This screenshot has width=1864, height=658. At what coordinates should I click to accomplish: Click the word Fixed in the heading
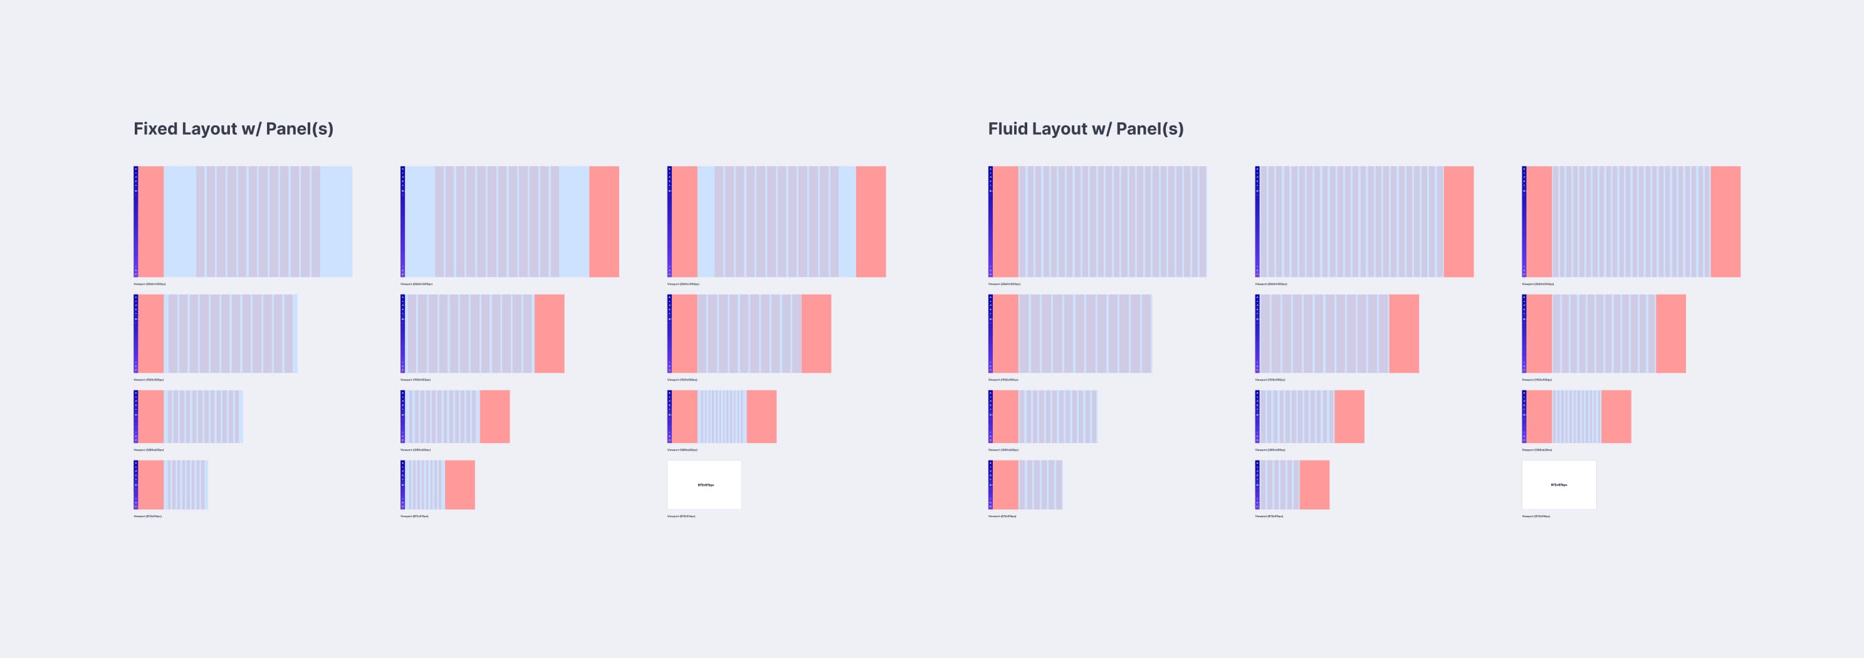(155, 129)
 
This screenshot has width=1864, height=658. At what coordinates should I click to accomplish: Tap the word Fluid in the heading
(1007, 129)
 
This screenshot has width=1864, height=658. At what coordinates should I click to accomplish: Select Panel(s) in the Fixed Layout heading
(300, 129)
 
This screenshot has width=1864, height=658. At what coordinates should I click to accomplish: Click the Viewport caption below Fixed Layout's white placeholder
(681, 516)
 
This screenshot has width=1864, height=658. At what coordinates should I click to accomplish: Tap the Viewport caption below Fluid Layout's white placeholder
(1536, 516)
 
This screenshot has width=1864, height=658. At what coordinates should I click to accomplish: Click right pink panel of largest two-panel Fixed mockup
(871, 221)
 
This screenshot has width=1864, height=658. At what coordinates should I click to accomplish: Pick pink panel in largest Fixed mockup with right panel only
(604, 221)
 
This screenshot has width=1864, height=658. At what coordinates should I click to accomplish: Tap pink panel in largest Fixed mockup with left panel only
(150, 221)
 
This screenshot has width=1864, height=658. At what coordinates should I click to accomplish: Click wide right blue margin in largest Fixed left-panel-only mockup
(336, 221)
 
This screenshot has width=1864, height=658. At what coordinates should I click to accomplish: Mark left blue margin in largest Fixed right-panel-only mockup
(420, 221)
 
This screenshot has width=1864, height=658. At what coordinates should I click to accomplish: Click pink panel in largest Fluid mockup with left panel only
(1005, 221)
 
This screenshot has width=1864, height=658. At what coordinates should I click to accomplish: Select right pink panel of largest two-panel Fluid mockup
(1725, 221)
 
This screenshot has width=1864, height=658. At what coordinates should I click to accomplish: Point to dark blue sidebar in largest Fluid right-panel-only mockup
(1257, 221)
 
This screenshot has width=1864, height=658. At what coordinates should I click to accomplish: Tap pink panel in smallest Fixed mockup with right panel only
(459, 485)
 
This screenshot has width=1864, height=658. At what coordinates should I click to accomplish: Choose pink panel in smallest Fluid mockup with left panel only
(1005, 485)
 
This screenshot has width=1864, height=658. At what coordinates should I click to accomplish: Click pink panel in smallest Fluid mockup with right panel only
(1314, 485)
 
